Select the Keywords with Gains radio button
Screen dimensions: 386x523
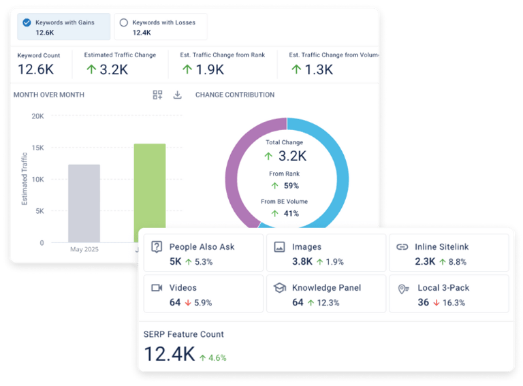click(x=27, y=22)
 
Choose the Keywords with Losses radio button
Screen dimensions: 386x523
click(x=123, y=22)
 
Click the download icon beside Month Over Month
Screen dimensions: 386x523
click(x=177, y=95)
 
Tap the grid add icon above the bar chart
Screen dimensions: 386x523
click(x=157, y=95)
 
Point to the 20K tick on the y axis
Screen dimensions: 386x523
click(x=37, y=116)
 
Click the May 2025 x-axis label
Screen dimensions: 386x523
click(x=84, y=249)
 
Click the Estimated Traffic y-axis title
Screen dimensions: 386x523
click(x=25, y=179)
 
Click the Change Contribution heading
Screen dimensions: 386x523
click(x=235, y=95)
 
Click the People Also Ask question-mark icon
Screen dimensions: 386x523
click(x=157, y=247)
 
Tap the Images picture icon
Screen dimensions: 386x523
click(x=279, y=247)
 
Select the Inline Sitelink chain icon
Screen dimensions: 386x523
click(x=402, y=247)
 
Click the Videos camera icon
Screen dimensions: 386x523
click(x=157, y=288)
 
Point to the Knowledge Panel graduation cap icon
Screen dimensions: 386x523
click(x=279, y=288)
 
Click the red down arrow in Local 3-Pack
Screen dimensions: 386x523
click(x=437, y=302)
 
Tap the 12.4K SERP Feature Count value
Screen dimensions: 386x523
click(x=170, y=354)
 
